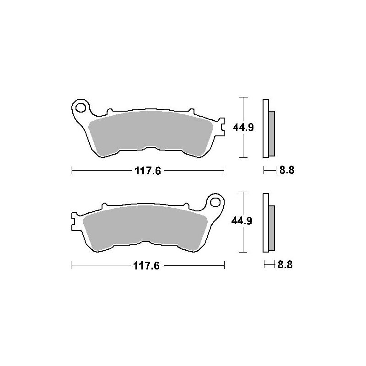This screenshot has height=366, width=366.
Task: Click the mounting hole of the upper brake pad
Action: pyautogui.click(x=81, y=108)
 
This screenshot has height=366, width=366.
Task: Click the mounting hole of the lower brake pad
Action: pyautogui.click(x=215, y=202)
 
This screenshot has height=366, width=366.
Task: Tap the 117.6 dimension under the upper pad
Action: pyautogui.click(x=148, y=171)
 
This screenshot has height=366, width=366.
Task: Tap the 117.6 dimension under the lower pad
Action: pyautogui.click(x=146, y=266)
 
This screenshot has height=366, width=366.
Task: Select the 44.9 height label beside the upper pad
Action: pyautogui.click(x=243, y=128)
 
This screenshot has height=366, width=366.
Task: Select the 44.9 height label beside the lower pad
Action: pyautogui.click(x=242, y=221)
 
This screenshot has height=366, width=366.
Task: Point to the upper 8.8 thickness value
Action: pyautogui.click(x=287, y=170)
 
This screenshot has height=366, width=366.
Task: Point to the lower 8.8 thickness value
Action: pyautogui.click(x=285, y=265)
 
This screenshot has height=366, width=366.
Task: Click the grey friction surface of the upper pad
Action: pyautogui.click(x=151, y=133)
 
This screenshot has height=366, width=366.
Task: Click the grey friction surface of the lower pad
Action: pyautogui.click(x=145, y=227)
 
